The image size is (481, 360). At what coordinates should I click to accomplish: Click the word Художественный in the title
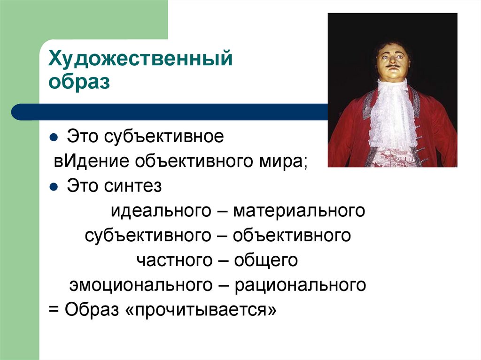141,61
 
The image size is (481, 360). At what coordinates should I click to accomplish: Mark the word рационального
301,284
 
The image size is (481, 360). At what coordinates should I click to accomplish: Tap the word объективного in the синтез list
292,235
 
